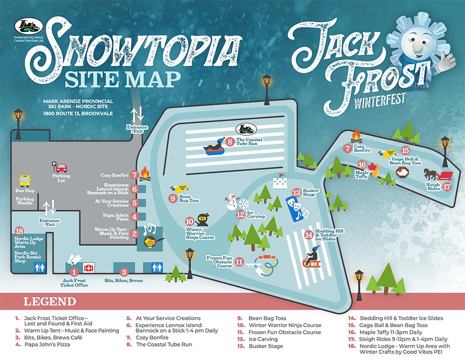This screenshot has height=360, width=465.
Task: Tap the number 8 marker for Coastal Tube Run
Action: pyautogui.click(x=230, y=140)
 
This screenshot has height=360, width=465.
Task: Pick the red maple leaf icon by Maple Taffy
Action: pyautogui.click(x=372, y=167)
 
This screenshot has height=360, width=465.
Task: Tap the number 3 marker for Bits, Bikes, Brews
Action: pyautogui.click(x=124, y=272)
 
